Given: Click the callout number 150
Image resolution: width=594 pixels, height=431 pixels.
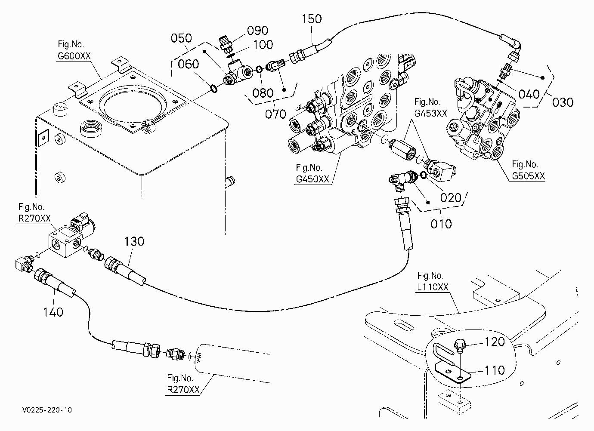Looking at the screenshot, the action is pyautogui.click(x=312, y=19).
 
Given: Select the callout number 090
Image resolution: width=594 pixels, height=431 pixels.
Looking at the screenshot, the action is pyautogui.click(x=257, y=31).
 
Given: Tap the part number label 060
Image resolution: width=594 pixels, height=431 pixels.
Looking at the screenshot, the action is pyautogui.click(x=188, y=64).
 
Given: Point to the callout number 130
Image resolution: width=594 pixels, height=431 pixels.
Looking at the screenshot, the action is pyautogui.click(x=134, y=241).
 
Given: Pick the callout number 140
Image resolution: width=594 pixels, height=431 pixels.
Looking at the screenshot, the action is pyautogui.click(x=53, y=312).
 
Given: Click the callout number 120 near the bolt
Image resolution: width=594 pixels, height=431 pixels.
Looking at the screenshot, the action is pyautogui.click(x=495, y=342).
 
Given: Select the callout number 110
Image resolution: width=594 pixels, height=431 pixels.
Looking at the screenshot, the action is pyautogui.click(x=495, y=370).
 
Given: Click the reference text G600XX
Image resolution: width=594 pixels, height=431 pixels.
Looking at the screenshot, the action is pyautogui.click(x=74, y=56).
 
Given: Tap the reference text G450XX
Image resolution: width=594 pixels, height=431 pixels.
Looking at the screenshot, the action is pyautogui.click(x=312, y=179).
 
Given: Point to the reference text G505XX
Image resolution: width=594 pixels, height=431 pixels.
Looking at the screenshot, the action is pyautogui.click(x=528, y=176).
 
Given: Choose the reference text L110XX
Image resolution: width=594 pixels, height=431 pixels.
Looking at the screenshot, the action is pyautogui.click(x=433, y=287).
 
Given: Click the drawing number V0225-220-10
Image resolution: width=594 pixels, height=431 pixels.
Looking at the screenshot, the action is pyautogui.click(x=47, y=410).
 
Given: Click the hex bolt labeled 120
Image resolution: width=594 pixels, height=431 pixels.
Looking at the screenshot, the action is pyautogui.click(x=459, y=346).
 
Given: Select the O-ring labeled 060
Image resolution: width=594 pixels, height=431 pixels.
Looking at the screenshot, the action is pyautogui.click(x=214, y=89).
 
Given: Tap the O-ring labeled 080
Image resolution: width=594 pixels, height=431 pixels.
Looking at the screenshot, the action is pyautogui.click(x=259, y=70).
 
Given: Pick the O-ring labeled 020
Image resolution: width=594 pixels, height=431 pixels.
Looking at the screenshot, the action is pyautogui.click(x=424, y=175).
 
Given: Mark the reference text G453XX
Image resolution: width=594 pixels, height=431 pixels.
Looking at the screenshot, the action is pyautogui.click(x=430, y=114).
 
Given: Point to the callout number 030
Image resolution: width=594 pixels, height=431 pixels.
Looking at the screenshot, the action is pyautogui.click(x=563, y=102).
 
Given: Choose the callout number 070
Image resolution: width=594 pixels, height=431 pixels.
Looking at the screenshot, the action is pyautogui.click(x=275, y=114).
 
